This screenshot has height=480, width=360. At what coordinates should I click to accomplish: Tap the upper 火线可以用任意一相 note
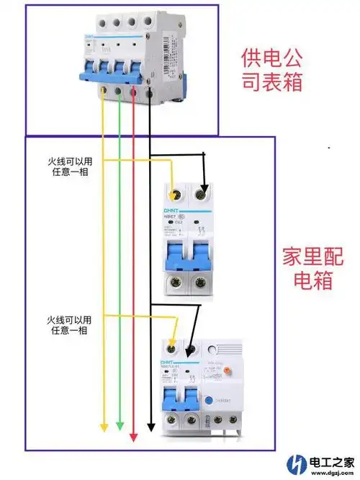pos(69,166)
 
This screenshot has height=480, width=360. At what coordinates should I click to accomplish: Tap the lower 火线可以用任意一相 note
pos(69,324)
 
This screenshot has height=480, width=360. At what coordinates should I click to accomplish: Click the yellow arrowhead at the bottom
pos(104,427)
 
